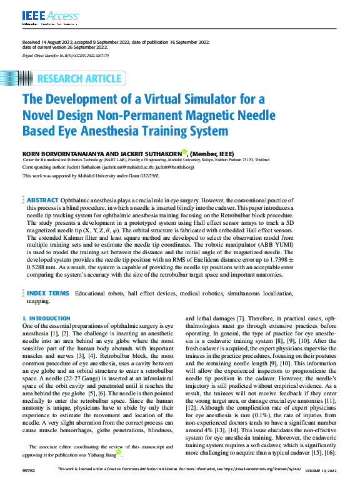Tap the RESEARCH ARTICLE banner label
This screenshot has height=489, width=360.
pyautogui.click(x=79, y=79)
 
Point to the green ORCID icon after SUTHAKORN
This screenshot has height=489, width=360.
pyautogui.click(x=184, y=151)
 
